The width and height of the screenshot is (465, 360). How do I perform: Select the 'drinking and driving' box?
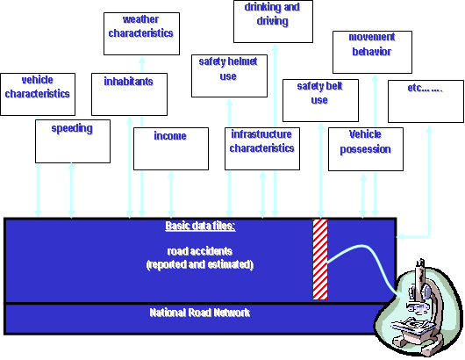[273, 22]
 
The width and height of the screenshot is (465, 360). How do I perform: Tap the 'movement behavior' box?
[371, 52]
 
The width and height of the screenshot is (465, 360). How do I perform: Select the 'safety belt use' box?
[319, 99]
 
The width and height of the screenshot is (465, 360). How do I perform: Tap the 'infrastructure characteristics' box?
[262, 148]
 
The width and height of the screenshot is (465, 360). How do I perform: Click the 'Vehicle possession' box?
[365, 148]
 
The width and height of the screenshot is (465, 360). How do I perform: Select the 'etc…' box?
[425, 101]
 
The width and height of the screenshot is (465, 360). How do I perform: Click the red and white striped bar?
[320, 258]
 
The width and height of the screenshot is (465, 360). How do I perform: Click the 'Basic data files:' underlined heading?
[200, 227]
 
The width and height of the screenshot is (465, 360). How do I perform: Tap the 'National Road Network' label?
[200, 312]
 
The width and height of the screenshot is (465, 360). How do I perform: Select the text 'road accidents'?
[200, 250]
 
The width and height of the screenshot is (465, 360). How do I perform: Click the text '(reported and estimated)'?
[200, 263]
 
